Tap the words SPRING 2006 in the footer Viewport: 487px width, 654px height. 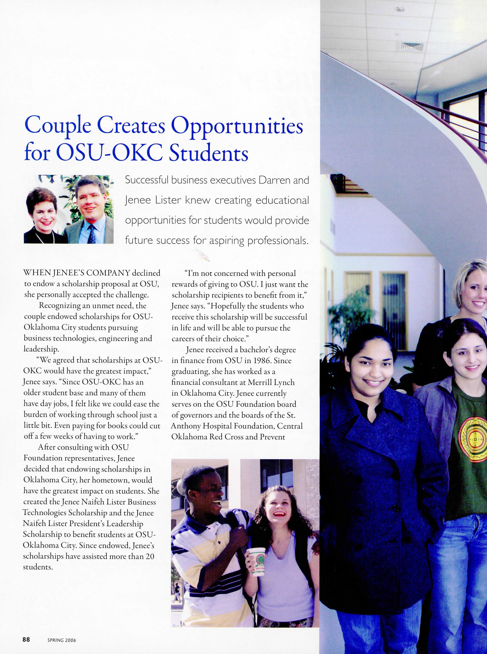[62, 640]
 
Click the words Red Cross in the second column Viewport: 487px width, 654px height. [227, 437]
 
